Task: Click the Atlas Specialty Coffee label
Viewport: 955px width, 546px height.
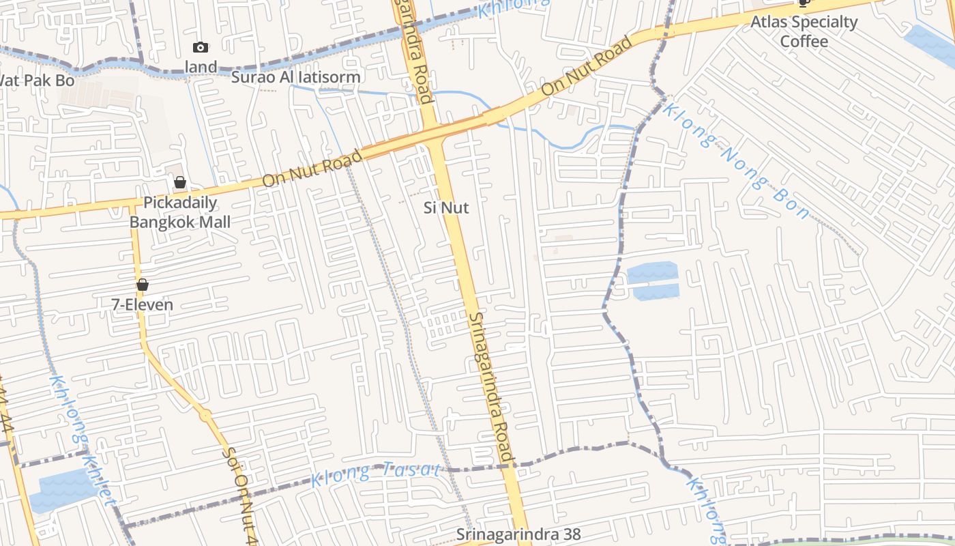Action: pos(804,31)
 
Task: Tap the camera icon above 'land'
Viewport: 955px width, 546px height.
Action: pos(200,47)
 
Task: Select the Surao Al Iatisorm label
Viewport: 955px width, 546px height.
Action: pos(295,77)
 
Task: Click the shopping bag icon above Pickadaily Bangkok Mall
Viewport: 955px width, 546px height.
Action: pos(180,182)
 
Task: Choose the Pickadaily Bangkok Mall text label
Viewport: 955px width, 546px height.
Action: pos(180,212)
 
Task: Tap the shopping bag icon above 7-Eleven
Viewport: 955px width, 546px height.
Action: pos(143,285)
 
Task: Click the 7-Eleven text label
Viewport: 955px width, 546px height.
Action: pos(143,304)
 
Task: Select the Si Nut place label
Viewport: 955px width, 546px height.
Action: pos(446,207)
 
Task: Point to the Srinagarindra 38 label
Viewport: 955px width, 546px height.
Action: pos(518,534)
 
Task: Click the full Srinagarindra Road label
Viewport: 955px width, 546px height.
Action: pos(490,387)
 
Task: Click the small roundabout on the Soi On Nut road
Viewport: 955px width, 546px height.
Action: pos(205,414)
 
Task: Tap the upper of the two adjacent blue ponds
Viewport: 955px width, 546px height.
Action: pos(652,273)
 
